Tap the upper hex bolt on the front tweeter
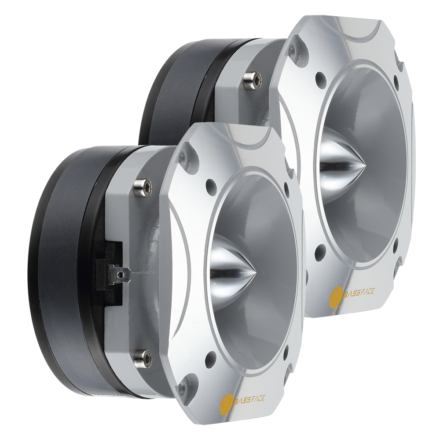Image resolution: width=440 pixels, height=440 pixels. pos(142,185)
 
